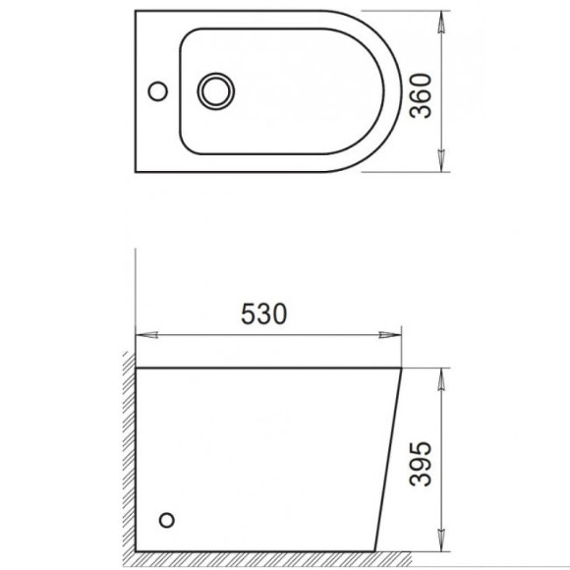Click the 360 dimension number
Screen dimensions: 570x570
421,93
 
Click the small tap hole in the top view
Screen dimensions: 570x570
154,92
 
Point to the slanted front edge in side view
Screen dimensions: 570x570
390,462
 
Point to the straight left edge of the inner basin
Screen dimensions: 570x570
180,92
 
